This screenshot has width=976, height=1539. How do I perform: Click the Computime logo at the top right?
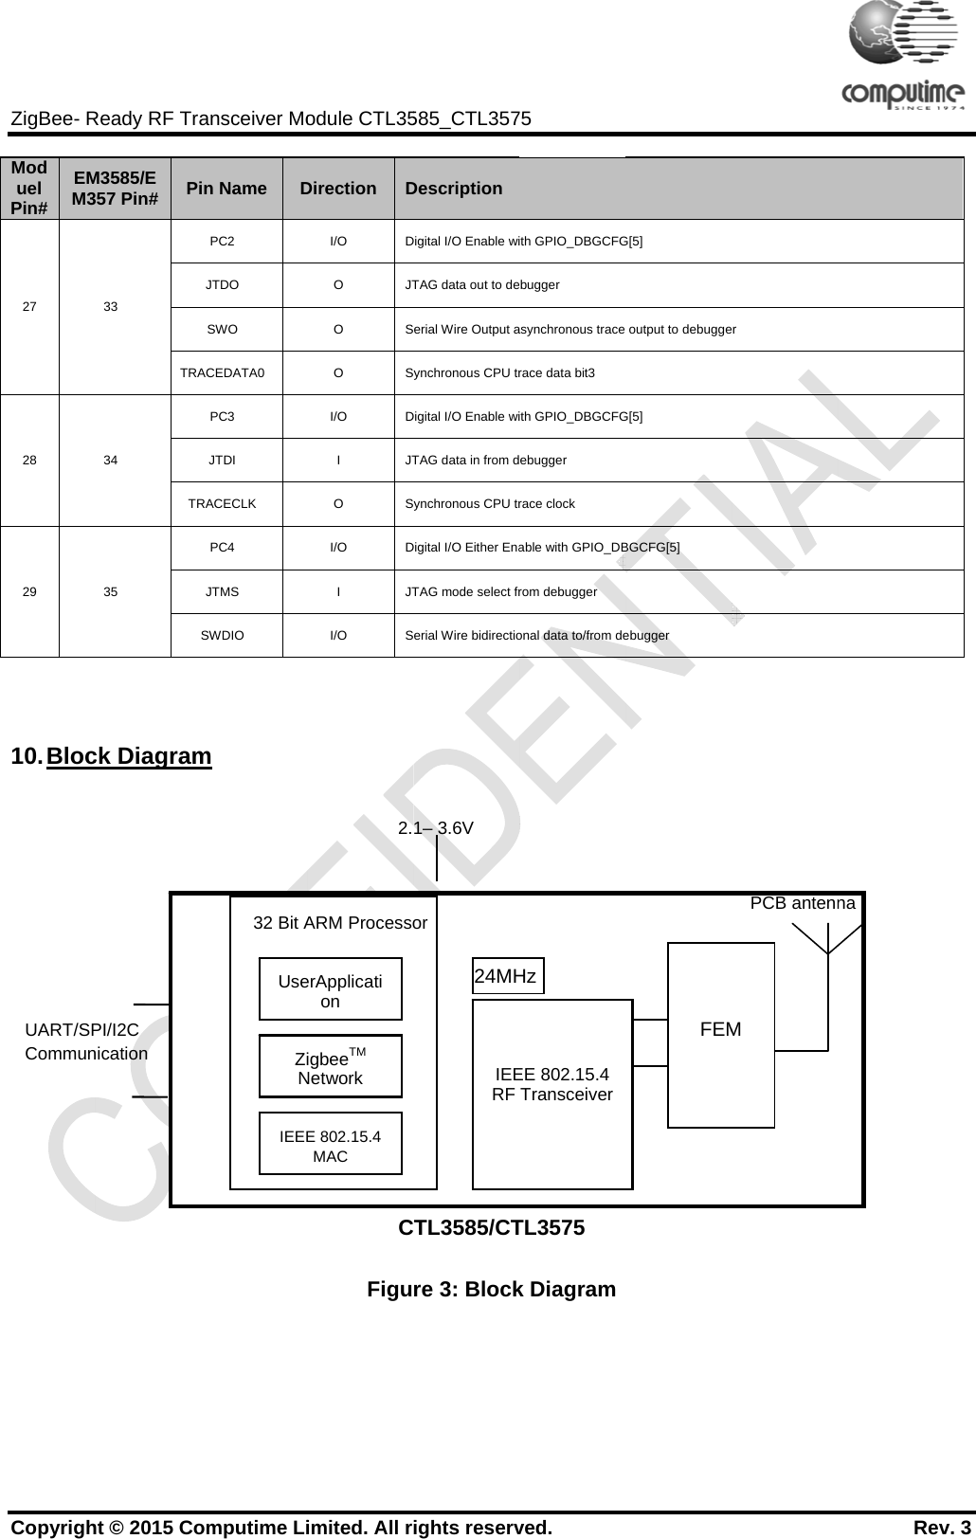[x=903, y=57]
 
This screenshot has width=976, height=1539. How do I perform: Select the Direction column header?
[x=338, y=189]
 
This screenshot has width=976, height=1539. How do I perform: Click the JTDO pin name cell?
[x=223, y=284]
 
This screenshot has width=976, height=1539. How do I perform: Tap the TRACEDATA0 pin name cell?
[x=223, y=372]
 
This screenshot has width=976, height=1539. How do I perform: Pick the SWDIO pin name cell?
[x=223, y=635]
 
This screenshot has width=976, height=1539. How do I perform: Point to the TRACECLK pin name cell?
[x=223, y=503]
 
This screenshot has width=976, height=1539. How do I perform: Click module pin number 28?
[x=30, y=460]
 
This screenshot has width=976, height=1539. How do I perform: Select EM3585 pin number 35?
[x=111, y=591]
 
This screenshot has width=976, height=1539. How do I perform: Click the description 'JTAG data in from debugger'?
[x=486, y=460]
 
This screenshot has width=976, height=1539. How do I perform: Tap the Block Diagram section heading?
[x=129, y=756]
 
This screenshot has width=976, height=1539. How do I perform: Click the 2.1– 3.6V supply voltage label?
[x=436, y=827]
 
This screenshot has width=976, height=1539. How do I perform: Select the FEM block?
[x=721, y=1030]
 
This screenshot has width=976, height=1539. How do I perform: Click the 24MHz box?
[x=507, y=976]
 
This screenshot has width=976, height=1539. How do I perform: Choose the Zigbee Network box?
[x=331, y=1067]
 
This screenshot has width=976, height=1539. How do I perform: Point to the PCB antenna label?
[x=803, y=903]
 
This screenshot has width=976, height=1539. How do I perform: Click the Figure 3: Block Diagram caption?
[x=492, y=1289]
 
